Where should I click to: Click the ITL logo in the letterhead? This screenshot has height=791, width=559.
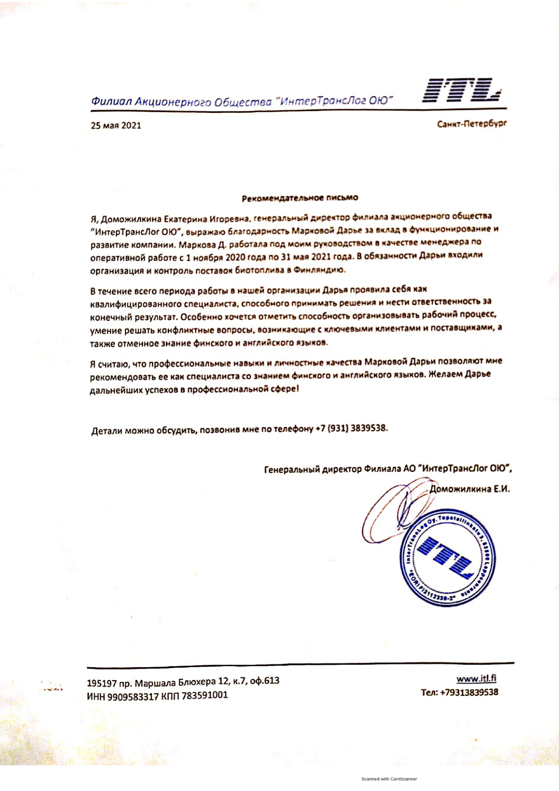(x=462, y=90)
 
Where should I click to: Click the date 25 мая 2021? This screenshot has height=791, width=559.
(x=116, y=125)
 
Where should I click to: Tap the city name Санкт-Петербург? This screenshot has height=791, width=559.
(x=471, y=124)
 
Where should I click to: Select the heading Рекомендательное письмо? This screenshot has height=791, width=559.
(x=300, y=198)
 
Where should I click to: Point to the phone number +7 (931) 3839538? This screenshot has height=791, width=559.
(x=351, y=428)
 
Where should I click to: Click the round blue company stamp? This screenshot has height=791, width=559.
(x=448, y=558)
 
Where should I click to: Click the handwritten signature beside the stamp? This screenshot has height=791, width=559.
(x=391, y=512)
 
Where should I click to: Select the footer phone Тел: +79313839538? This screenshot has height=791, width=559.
(x=459, y=692)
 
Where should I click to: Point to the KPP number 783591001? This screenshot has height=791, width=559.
(x=205, y=696)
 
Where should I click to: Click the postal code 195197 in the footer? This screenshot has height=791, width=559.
(x=102, y=683)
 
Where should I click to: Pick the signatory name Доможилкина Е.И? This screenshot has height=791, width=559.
(x=470, y=489)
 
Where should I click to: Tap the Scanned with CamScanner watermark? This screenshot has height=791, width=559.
(x=389, y=779)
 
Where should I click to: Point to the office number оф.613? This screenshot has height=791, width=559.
(x=265, y=681)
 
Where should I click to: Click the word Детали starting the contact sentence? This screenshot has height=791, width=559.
(x=107, y=431)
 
